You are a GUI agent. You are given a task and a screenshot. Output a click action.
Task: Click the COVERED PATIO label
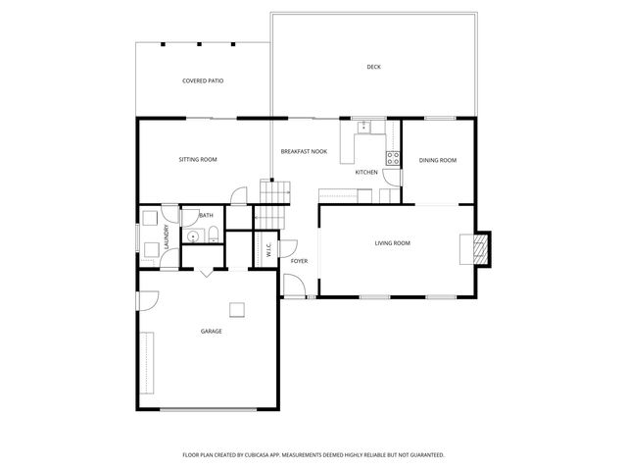coord(203,80)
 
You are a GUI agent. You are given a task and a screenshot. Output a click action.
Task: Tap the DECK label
coord(373,67)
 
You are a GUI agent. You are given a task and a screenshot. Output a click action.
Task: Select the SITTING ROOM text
coord(197,159)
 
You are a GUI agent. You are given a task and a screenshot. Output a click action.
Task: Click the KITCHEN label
coord(366,172)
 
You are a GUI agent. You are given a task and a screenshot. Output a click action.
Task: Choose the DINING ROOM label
coord(438,160)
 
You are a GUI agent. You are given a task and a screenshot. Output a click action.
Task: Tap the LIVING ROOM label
coord(392,242)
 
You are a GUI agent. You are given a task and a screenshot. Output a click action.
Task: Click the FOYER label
coord(299,261)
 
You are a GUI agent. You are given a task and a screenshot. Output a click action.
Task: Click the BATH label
coord(206,216)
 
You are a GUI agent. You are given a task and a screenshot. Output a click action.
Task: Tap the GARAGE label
coord(211,332)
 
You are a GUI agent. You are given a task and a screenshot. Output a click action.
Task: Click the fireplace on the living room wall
coord(479,248)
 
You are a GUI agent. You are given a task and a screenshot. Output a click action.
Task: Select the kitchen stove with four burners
coord(393,158)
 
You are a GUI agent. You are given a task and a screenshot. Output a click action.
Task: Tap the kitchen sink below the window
coord(363,126)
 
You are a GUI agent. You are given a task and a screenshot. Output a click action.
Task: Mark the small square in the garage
coord(237,310)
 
